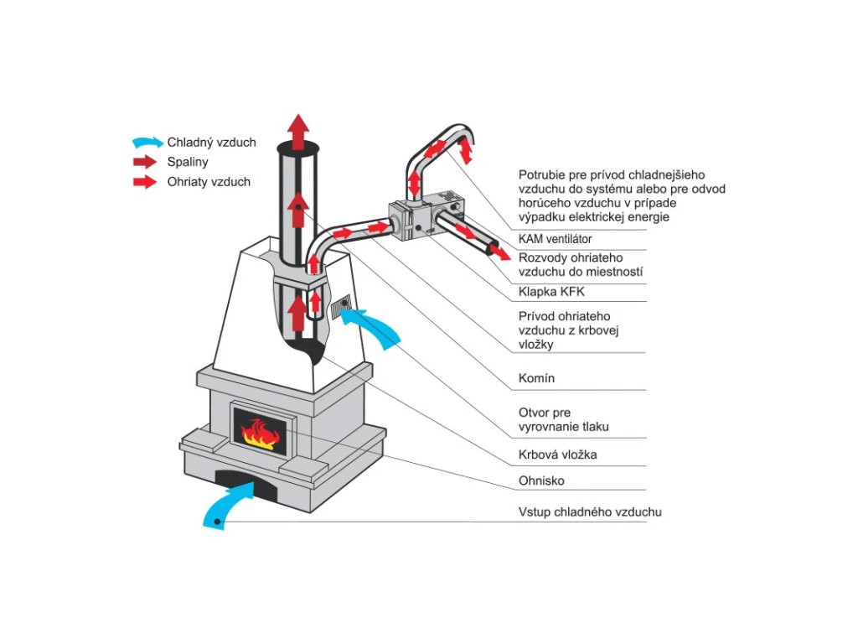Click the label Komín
pos(536,378)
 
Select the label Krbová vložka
pos(557,454)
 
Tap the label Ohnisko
pos(541,480)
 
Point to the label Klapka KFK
pos(551,292)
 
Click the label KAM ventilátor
pos(555,239)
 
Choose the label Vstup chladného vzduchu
pos(590,512)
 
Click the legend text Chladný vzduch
pos(211,143)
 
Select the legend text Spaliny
pos(188,162)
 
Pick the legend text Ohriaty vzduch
pos(209,182)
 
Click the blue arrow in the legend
pos(147,143)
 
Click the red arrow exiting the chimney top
pos(299,132)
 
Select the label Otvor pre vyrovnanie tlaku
pos(563,419)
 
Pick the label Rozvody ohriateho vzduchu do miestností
pos(581,264)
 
